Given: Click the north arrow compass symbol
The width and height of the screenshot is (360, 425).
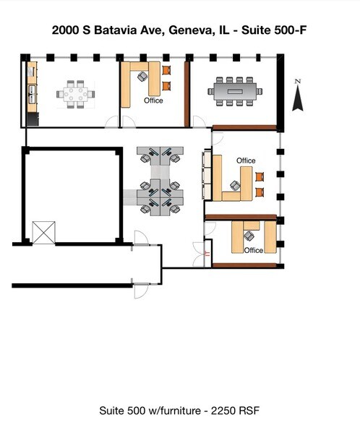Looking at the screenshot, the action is (x=298, y=95).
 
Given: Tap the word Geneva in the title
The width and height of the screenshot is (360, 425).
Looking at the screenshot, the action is (x=189, y=30).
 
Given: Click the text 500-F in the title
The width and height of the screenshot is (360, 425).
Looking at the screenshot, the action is (x=291, y=30).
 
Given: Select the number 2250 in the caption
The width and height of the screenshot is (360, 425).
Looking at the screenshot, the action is (x=223, y=411).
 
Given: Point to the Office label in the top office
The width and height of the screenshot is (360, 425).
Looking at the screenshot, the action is (x=153, y=100).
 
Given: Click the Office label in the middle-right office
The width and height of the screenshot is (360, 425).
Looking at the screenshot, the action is (x=246, y=160).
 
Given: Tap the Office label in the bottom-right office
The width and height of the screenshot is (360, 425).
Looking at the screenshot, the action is (x=254, y=250).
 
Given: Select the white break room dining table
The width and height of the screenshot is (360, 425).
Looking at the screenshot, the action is (x=76, y=94).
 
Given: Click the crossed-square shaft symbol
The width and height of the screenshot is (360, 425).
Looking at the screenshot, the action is (x=43, y=233).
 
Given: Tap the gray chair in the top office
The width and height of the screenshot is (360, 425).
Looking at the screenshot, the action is (x=142, y=76).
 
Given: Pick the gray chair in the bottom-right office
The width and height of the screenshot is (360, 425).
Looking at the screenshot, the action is (x=249, y=236).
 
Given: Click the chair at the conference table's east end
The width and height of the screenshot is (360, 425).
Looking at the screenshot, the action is (x=260, y=91).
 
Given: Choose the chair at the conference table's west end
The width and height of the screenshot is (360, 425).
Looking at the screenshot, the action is (x=210, y=91).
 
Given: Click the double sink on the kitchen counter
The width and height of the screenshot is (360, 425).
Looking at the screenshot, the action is (x=32, y=94).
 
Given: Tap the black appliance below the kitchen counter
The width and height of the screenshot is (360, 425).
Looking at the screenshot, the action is (x=33, y=119).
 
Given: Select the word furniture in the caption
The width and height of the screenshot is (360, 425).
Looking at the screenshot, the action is (x=180, y=411).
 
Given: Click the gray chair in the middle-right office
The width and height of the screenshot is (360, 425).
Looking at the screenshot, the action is (x=235, y=186).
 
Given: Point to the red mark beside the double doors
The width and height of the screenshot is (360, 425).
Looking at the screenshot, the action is (x=207, y=254).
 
